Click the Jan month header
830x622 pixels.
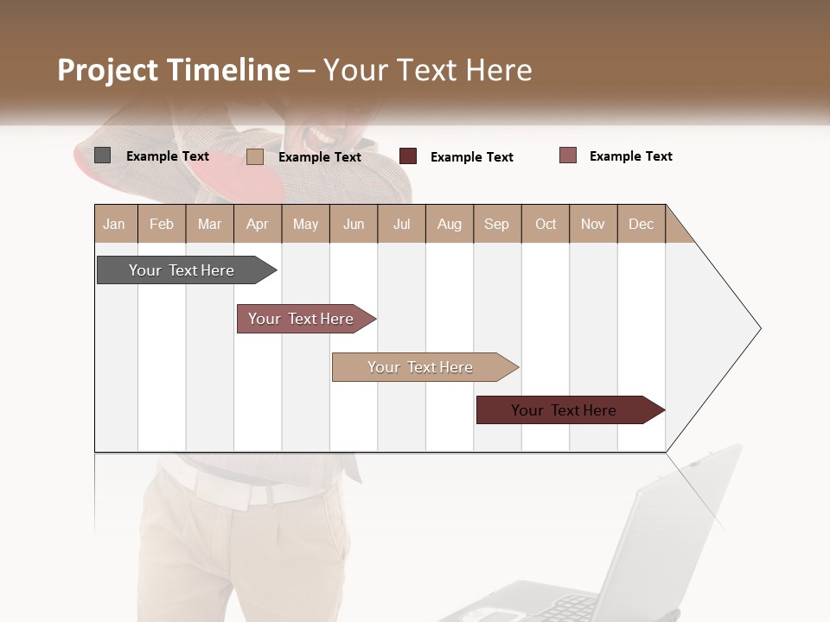pyautogui.click(x=114, y=224)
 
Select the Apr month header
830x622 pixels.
pyautogui.click(x=257, y=224)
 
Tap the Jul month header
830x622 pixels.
pyautogui.click(x=401, y=224)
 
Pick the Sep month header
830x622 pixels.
pyautogui.click(x=496, y=224)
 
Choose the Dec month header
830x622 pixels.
pyautogui.click(x=641, y=224)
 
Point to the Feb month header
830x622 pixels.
pyautogui.click(x=162, y=224)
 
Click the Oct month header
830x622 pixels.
pyautogui.click(x=546, y=224)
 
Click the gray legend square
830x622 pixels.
pyautogui.click(x=102, y=155)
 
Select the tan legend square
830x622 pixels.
pyautogui.click(x=254, y=156)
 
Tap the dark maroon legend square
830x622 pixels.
pyautogui.click(x=408, y=156)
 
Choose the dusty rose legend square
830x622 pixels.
pyautogui.click(x=567, y=155)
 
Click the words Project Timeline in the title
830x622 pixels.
pyautogui.click(x=174, y=70)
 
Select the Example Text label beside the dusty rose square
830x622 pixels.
pyautogui.click(x=630, y=156)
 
